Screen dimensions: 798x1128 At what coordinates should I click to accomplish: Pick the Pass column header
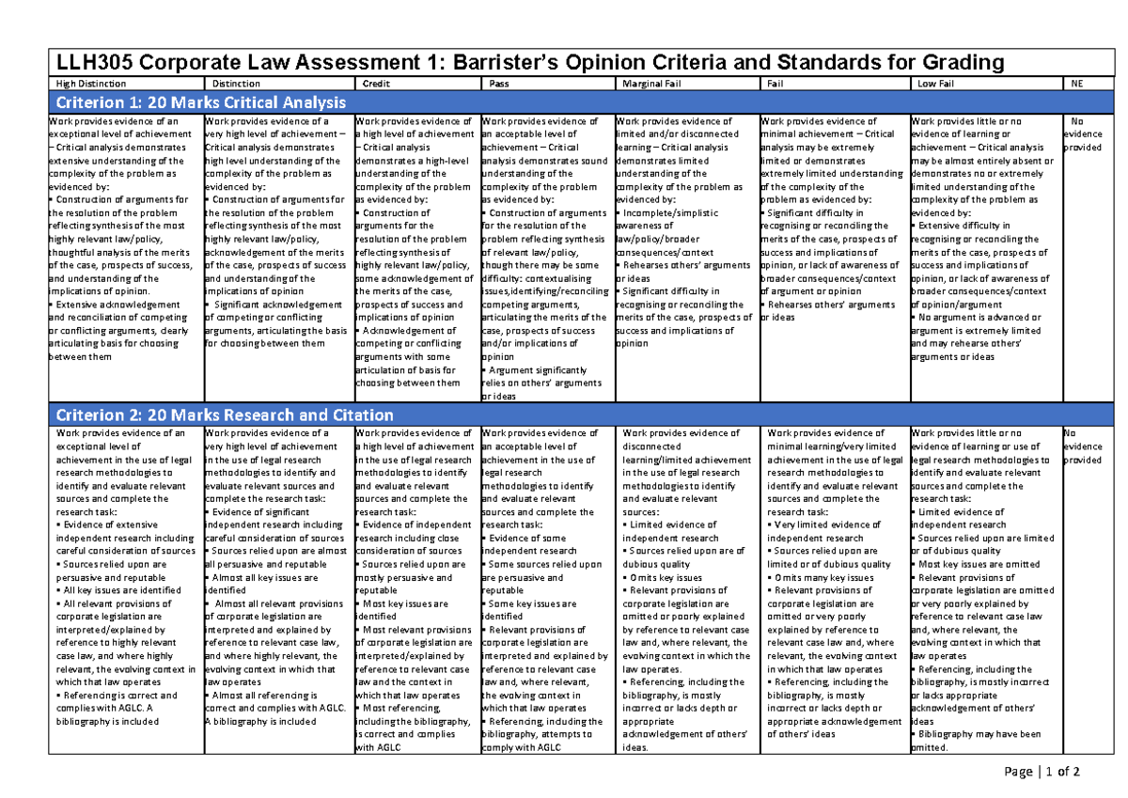coord(499,84)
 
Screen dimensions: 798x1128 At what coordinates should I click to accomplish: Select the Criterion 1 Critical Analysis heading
coord(202,102)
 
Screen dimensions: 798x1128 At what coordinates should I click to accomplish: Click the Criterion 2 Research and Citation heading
coord(226,415)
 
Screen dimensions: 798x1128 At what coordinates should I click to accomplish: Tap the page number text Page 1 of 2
coord(1042,772)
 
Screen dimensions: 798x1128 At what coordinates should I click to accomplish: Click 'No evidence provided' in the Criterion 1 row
coord(1080,134)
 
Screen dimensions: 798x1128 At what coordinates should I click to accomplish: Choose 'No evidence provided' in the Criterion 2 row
coord(1080,446)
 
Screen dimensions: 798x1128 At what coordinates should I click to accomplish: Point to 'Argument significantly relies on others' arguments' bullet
coord(536,383)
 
